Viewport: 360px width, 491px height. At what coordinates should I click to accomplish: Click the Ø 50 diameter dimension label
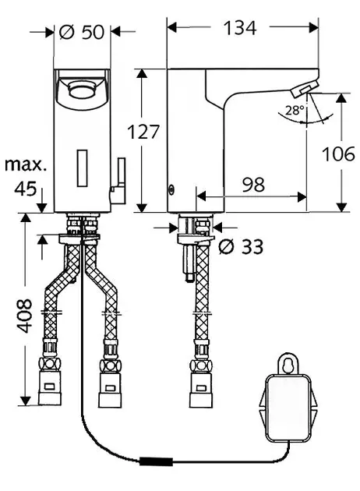[81, 32]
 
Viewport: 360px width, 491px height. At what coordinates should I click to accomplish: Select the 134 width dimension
[240, 28]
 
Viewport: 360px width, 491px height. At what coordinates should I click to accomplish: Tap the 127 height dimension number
[143, 132]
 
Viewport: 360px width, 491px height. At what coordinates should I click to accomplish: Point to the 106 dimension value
[338, 154]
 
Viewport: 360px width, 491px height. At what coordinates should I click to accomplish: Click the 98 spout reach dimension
[253, 185]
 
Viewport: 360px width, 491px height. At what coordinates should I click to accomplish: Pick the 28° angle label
[295, 110]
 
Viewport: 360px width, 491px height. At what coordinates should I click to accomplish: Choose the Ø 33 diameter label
[241, 246]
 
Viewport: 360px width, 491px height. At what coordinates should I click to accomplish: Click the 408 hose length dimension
[24, 316]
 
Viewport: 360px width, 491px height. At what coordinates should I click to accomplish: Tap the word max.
[26, 164]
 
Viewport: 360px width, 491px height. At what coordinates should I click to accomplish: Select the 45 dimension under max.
[26, 189]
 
